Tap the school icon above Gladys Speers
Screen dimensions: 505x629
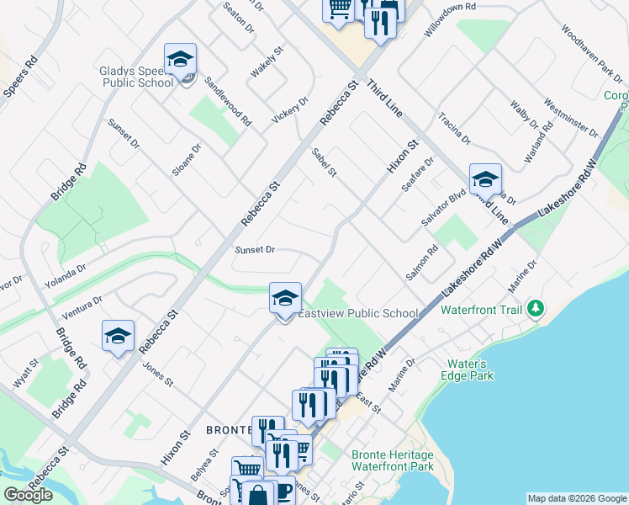tap(180, 59)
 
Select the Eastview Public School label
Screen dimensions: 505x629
tap(358, 314)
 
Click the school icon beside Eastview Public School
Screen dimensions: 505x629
tap(285, 297)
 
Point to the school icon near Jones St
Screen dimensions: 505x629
tap(118, 336)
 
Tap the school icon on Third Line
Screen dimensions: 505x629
tap(485, 179)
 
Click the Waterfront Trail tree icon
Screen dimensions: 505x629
tap(536, 310)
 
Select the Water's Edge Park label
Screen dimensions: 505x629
tap(470, 369)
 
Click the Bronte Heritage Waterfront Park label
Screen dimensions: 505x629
tap(393, 460)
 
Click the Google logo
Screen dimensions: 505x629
tap(28, 494)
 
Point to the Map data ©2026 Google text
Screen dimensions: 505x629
tap(576, 498)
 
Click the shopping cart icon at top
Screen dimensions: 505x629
tap(339, 8)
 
